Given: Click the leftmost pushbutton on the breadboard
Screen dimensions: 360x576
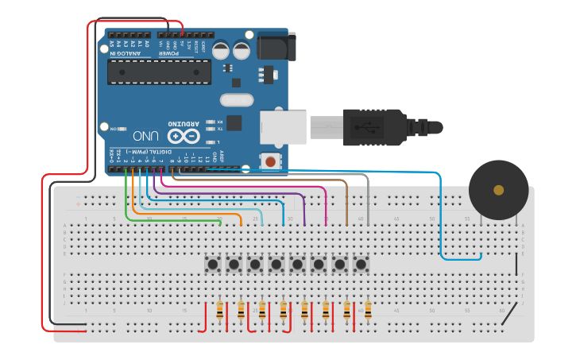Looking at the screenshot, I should [213, 263].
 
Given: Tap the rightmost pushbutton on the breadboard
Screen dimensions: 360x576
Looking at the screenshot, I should [361, 263].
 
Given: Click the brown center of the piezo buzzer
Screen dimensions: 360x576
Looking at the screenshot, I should [498, 190].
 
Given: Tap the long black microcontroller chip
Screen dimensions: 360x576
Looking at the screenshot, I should [159, 72].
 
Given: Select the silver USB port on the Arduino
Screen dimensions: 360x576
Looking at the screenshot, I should [283, 127].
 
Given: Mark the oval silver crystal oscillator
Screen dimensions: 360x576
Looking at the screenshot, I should [237, 100].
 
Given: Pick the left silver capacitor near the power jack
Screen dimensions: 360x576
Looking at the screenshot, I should [222, 50].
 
